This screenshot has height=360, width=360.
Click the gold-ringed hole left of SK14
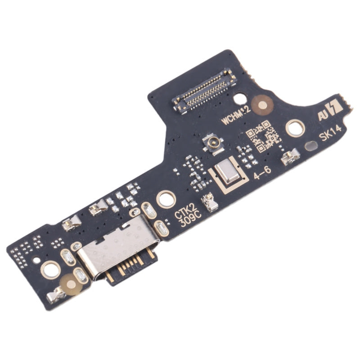tap(295, 128)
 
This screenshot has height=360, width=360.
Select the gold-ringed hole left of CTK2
tap(165, 198)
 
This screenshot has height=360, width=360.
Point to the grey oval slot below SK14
tap(311, 145)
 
